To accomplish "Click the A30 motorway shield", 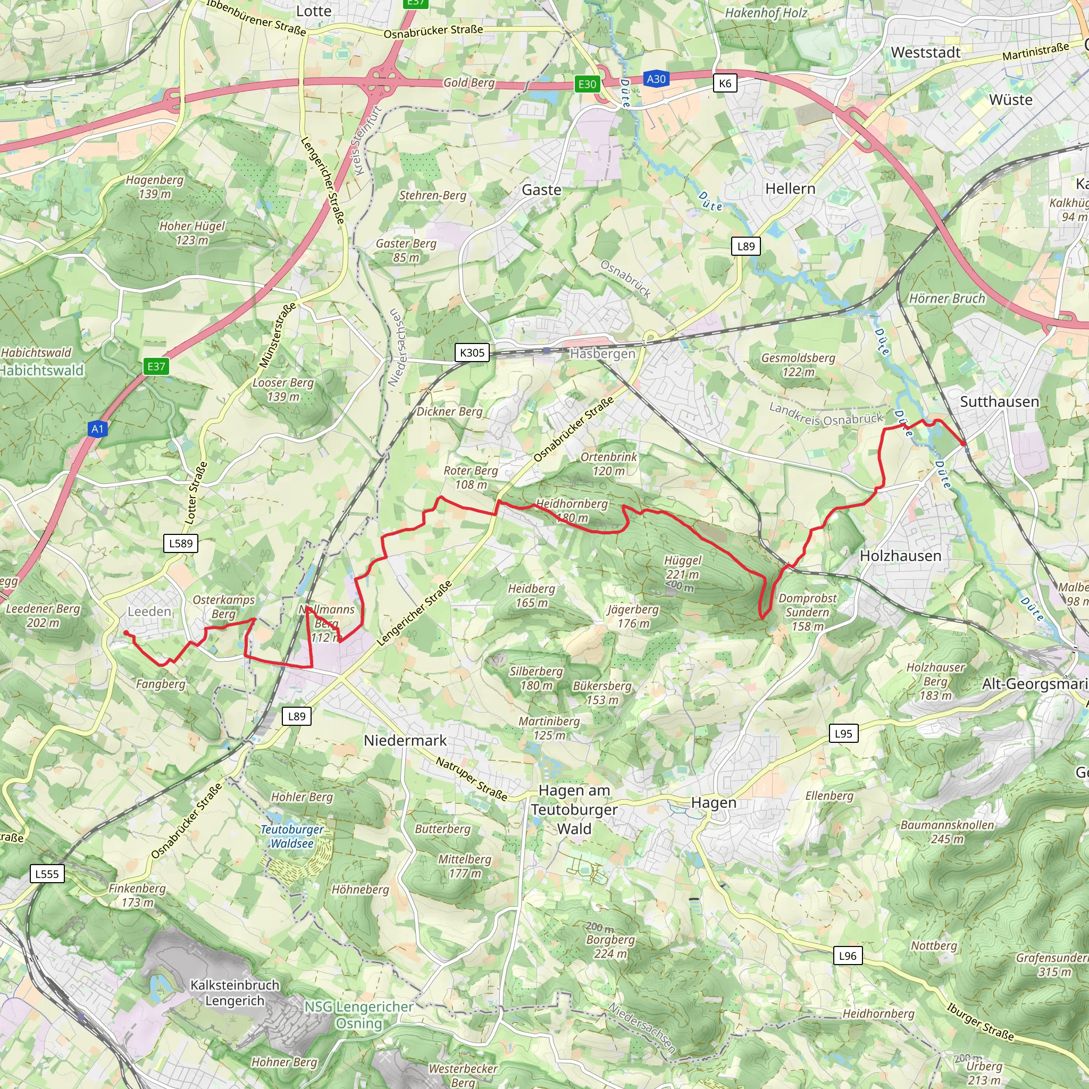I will tap(656, 79).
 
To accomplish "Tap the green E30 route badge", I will tap(587, 84).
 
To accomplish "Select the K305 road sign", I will tap(472, 353).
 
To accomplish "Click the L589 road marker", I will tap(181, 543).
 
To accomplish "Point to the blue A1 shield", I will tap(97, 429).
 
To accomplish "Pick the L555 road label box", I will tap(47, 874).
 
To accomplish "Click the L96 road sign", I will tap(847, 956).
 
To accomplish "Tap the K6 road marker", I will tap(725, 83).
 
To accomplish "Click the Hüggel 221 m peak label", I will tap(682, 567).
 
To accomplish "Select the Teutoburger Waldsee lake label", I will tap(291, 836).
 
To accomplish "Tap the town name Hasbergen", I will tap(602, 354).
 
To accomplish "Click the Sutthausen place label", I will tap(999, 402).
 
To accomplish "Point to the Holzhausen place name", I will tap(900, 556).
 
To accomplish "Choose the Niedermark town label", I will tap(405, 741).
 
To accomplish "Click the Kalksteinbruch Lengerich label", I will tap(234, 993).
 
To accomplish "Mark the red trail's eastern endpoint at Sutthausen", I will tap(965, 444).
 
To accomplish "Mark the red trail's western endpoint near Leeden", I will tap(125, 632).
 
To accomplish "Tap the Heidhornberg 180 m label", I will tap(572, 510).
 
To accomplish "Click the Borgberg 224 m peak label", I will tap(610, 946).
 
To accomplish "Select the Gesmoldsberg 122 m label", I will tap(798, 365).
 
